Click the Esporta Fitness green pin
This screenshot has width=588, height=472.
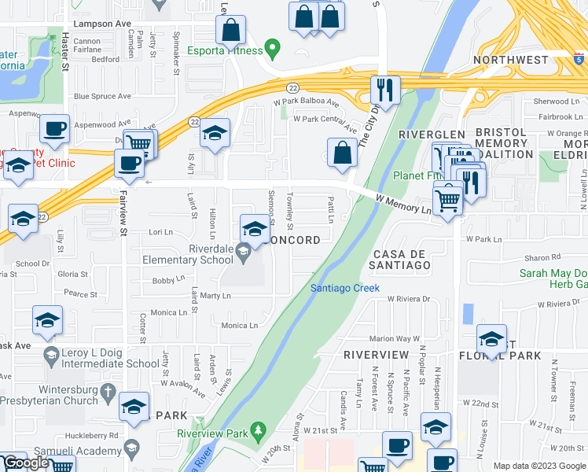(273, 50)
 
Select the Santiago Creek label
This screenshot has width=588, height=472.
(344, 288)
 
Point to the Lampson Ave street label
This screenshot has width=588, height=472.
(101, 24)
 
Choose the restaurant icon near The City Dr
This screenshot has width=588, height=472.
(384, 89)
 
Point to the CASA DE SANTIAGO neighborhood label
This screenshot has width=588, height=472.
(401, 260)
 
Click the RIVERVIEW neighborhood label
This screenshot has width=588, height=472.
(375, 355)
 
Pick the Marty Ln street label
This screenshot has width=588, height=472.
(215, 296)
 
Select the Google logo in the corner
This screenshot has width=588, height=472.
(26, 463)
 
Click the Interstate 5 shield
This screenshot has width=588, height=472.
(579, 57)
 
